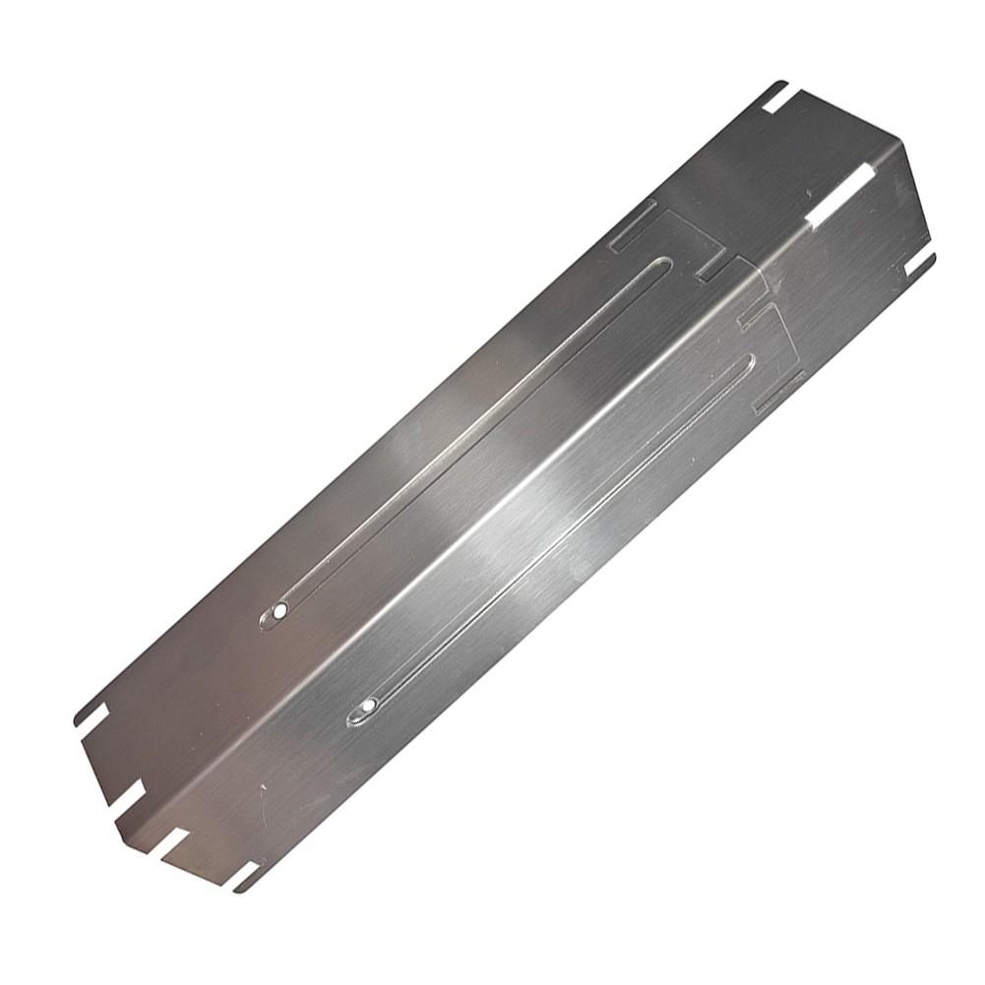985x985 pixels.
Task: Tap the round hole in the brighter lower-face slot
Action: point(368,706)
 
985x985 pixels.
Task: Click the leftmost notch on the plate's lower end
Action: point(91,714)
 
